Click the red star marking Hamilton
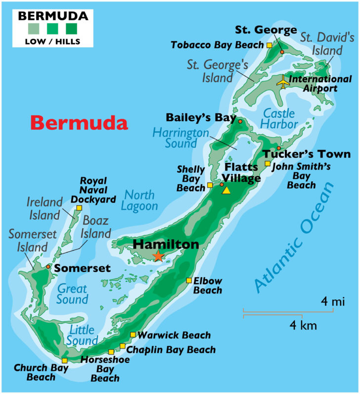click(x=158, y=256)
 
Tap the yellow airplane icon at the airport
click(x=283, y=82)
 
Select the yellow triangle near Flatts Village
click(x=226, y=190)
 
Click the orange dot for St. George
click(x=282, y=51)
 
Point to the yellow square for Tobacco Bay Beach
click(x=269, y=45)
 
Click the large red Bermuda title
click(x=79, y=122)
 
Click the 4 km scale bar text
click(x=303, y=326)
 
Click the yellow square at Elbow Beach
click(x=188, y=281)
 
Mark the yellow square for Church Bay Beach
click(x=64, y=360)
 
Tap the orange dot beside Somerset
click(x=48, y=267)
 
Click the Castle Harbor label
click(x=280, y=118)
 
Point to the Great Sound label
click(x=72, y=294)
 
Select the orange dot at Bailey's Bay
click(x=240, y=121)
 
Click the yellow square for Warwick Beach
click(x=133, y=335)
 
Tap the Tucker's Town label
click(x=306, y=154)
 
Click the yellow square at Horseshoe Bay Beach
click(x=111, y=352)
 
